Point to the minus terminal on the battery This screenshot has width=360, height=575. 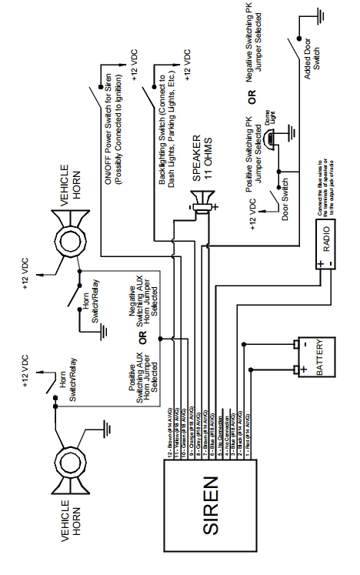(x=294, y=345)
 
